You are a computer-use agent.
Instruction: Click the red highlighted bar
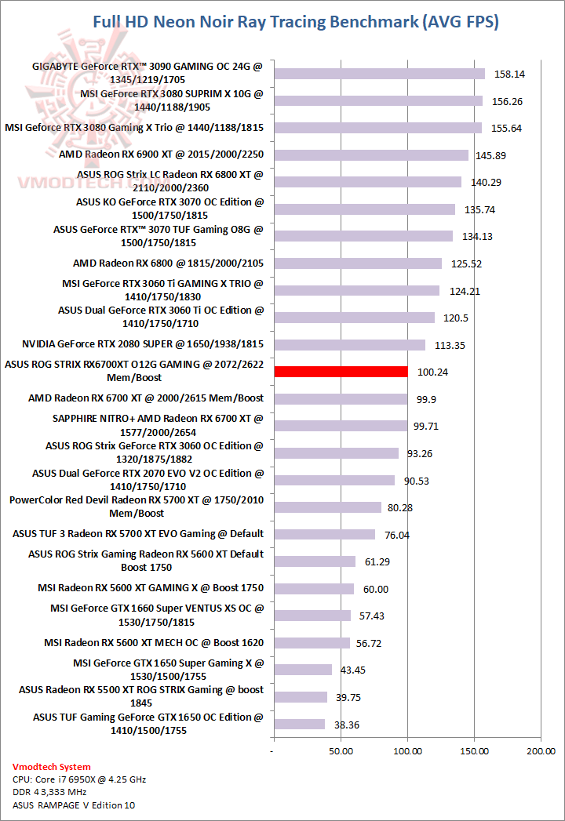pos(341,372)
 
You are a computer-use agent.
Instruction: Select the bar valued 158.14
pos(379,74)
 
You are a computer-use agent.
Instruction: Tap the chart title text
pos(295,21)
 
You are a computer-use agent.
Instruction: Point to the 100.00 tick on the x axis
pos(406,752)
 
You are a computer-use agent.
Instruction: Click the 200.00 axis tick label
pos(540,752)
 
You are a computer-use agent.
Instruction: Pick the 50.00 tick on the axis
pos(340,752)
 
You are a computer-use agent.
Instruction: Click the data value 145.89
pos(490,156)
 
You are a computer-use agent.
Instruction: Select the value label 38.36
pos(346,725)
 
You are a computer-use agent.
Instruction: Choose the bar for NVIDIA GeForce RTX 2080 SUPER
pos(349,345)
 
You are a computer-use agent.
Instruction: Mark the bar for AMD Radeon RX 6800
pos(358,263)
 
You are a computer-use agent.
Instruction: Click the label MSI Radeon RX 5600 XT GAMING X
pos(151,587)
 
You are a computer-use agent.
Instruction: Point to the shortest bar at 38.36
pos(299,725)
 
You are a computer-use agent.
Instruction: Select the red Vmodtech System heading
pos(52,767)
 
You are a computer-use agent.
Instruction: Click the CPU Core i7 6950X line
pos(79,779)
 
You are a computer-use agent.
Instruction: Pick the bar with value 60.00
pos(313,589)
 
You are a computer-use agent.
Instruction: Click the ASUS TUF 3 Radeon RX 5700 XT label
pos(138,534)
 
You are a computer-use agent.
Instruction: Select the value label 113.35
pos(447,345)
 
